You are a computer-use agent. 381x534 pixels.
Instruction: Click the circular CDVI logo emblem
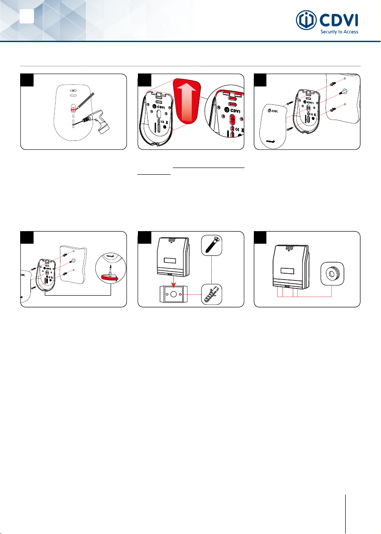pyautogui.click(x=306, y=20)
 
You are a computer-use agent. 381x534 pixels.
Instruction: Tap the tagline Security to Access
pyautogui.click(x=339, y=32)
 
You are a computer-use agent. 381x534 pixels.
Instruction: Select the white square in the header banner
pyautogui.click(x=26, y=16)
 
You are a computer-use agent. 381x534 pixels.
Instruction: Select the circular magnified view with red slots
pyautogui.click(x=224, y=114)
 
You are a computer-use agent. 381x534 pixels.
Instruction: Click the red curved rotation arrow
pyautogui.click(x=109, y=279)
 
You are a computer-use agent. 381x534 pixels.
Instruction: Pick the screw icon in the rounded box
pyautogui.click(x=211, y=245)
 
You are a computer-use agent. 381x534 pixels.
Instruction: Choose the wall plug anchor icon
pyautogui.click(x=211, y=294)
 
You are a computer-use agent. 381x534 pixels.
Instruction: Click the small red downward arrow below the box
pyautogui.click(x=174, y=280)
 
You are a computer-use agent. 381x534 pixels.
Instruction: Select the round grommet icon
pyautogui.click(x=332, y=274)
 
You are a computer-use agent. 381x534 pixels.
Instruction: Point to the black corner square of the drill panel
pyautogui.click(x=27, y=80)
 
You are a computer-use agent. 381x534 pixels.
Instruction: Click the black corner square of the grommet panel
pyautogui.click(x=261, y=237)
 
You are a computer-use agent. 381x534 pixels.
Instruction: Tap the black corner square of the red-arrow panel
pyautogui.click(x=144, y=80)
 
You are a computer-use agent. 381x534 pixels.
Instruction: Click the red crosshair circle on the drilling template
pyautogui.click(x=73, y=109)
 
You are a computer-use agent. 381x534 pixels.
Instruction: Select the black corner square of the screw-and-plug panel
pyautogui.click(x=144, y=237)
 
